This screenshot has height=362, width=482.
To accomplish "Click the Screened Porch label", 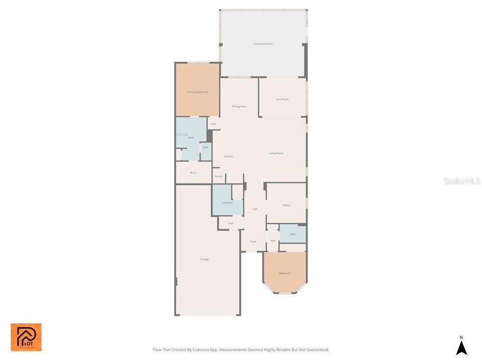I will (263, 44).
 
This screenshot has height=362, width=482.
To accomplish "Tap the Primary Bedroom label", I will (197, 92).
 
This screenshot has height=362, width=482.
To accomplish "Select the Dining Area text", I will (239, 107).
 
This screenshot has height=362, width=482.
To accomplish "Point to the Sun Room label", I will (282, 100).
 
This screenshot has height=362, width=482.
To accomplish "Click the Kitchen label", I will (228, 156).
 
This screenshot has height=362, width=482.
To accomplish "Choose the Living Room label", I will (276, 153).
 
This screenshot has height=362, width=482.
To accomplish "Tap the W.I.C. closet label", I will (193, 173).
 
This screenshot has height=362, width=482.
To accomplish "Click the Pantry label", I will (219, 176).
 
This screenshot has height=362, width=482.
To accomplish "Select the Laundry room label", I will (227, 203).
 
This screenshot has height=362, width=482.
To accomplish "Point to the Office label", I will (286, 205).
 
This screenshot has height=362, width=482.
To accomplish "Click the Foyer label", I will (253, 241).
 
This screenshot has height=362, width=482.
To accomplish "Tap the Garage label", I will (204, 259).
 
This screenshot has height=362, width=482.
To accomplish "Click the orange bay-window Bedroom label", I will (285, 273).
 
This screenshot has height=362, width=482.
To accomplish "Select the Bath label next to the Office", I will (292, 234).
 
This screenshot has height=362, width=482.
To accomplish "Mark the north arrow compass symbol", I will (461, 348).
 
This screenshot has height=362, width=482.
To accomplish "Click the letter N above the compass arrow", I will (461, 337).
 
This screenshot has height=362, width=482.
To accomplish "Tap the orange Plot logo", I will (26, 337).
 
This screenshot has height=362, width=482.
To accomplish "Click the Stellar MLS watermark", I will (462, 180).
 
